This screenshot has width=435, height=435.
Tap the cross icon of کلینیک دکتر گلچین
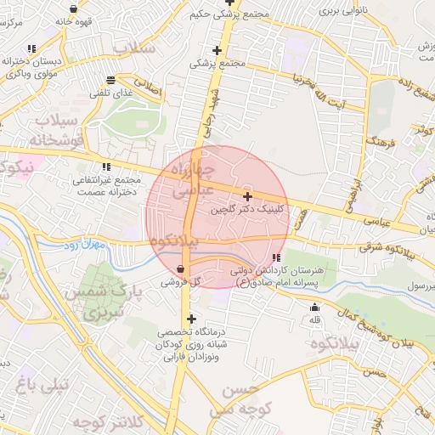(247, 196)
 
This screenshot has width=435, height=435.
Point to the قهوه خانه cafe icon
(75, 9)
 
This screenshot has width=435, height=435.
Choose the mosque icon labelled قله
(315, 308)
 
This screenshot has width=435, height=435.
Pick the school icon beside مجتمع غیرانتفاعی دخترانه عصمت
(106, 167)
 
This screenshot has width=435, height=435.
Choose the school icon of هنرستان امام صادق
(276, 257)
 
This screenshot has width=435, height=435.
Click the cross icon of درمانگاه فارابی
(190, 319)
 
